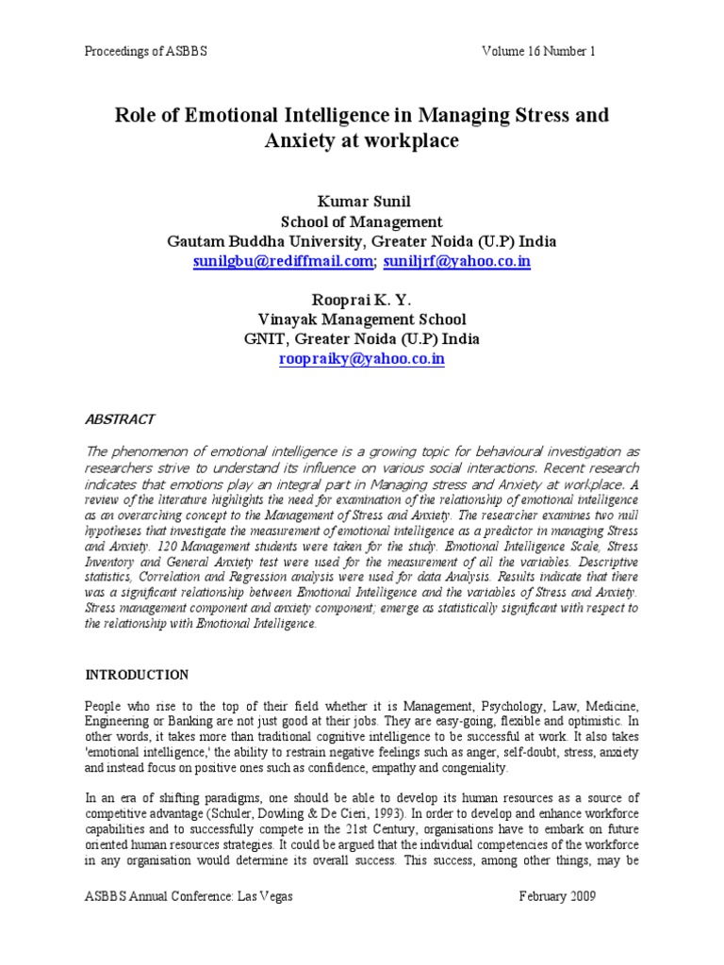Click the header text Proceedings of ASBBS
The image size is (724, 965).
point(145,51)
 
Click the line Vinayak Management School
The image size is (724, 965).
point(362,320)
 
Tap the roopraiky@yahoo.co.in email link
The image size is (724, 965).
point(362,359)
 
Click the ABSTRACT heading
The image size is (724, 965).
point(121,418)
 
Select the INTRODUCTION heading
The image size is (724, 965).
point(137,675)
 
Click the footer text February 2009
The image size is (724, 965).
point(557,896)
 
